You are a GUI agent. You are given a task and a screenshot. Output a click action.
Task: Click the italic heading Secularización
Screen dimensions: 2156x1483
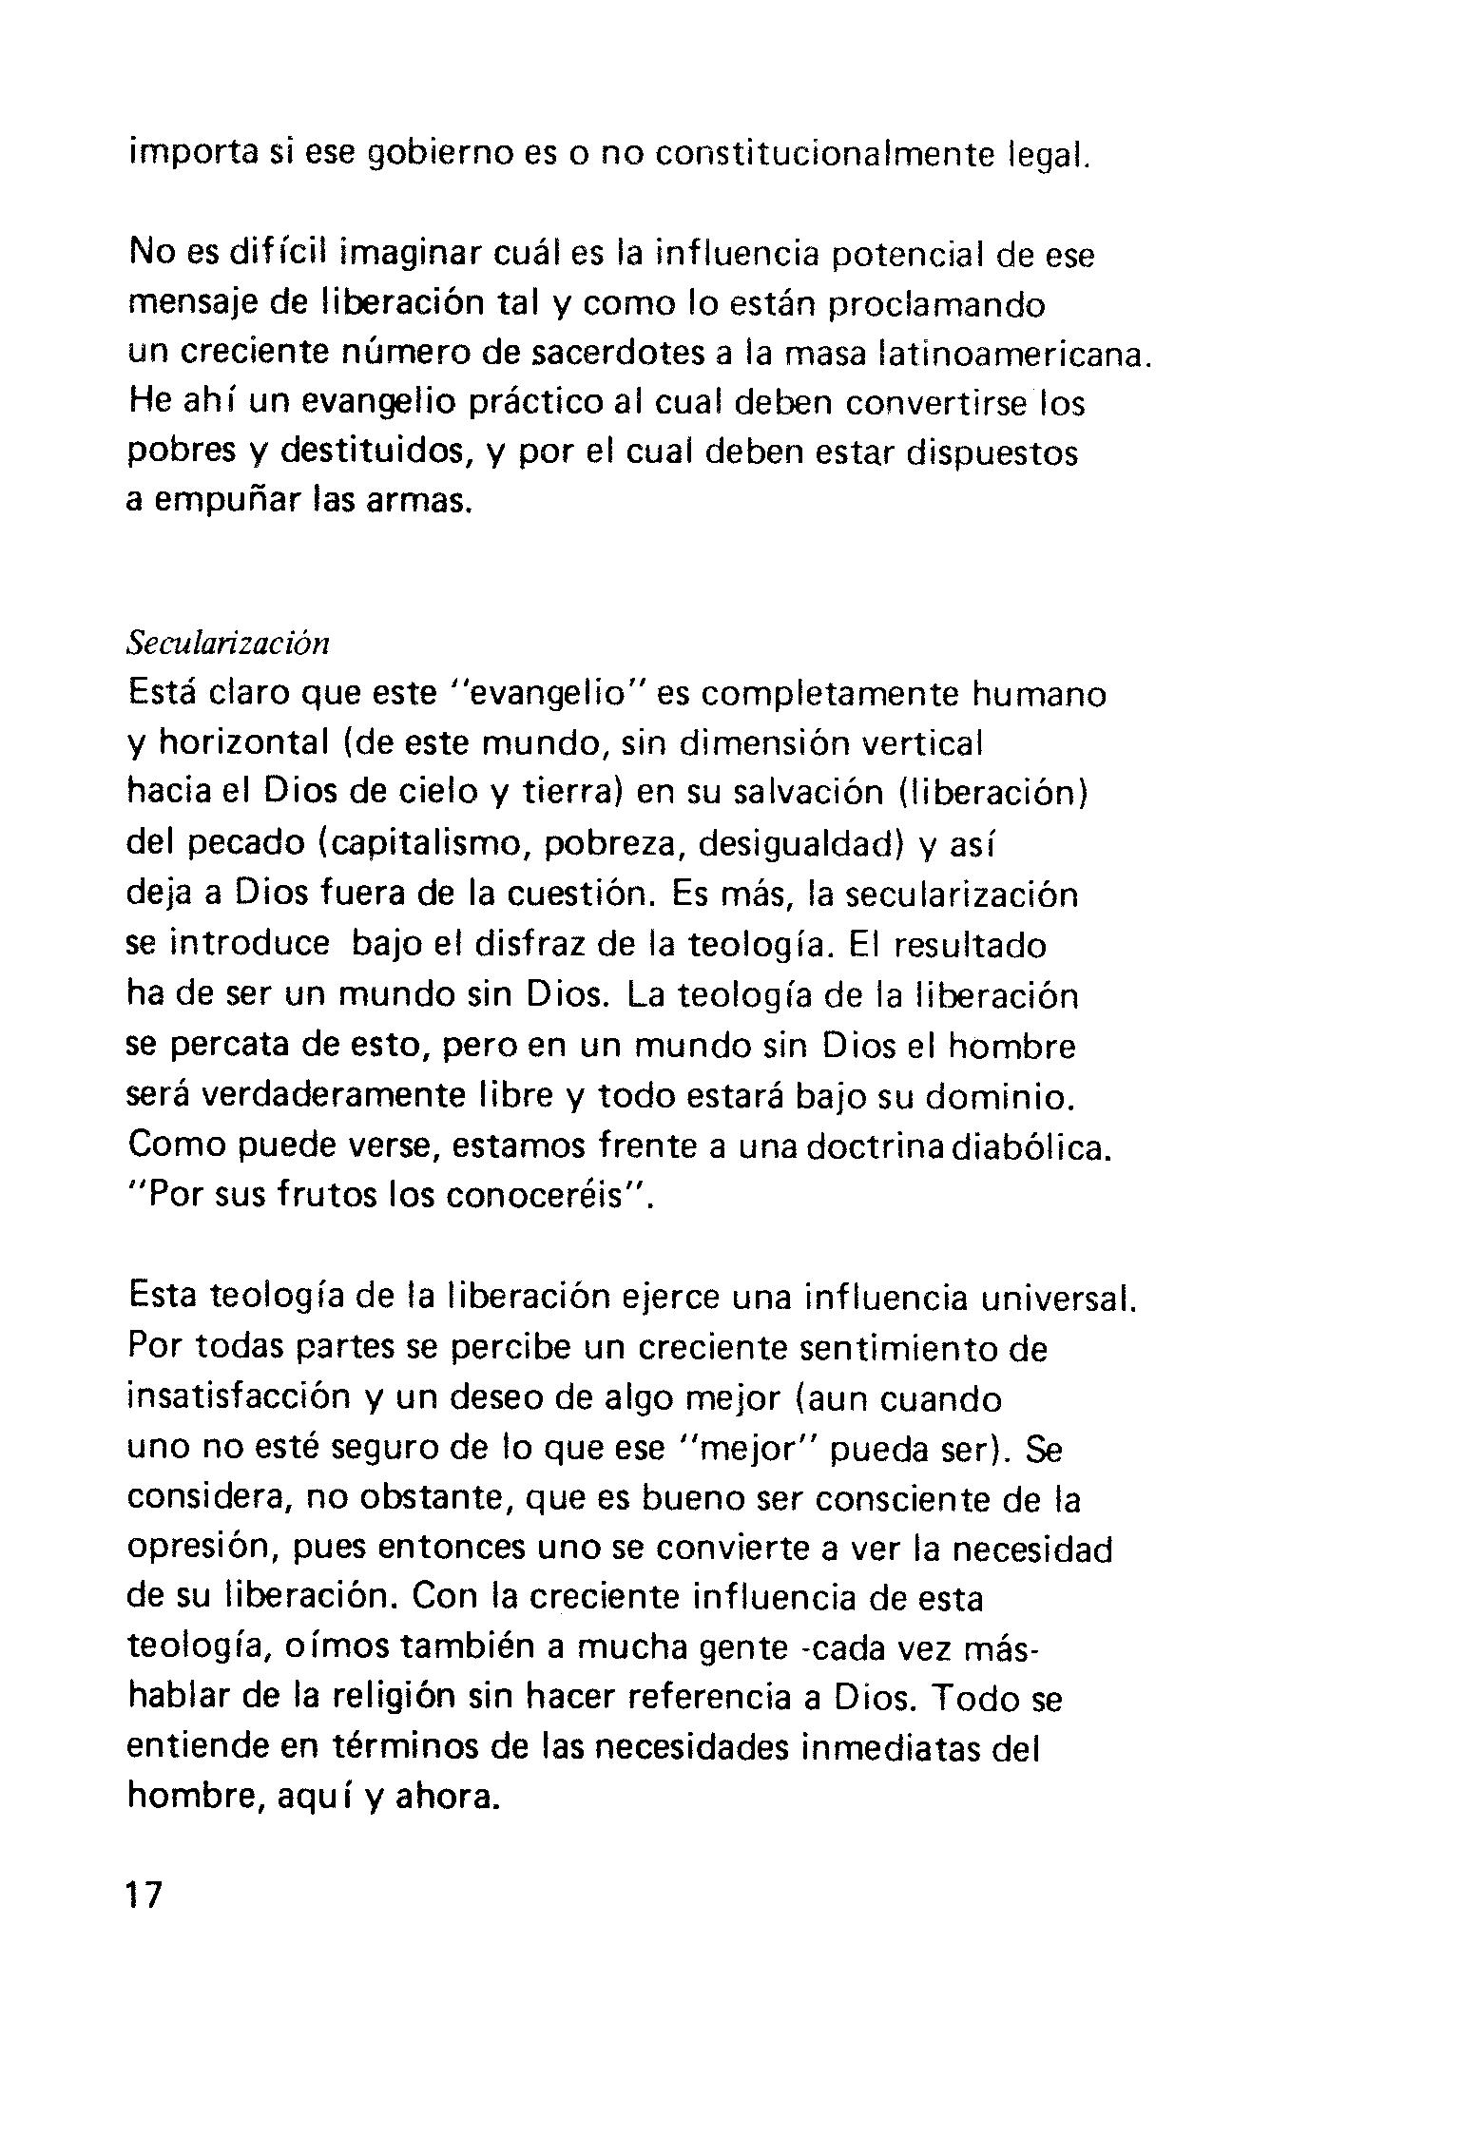pyautogui.click(x=228, y=644)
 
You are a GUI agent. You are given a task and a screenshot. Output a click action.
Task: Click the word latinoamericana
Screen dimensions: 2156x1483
pyautogui.click(x=1014, y=354)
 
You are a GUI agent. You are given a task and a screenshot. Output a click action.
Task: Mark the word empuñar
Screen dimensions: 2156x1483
pyautogui.click(x=227, y=500)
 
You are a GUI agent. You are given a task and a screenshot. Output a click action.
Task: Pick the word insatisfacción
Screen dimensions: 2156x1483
pyautogui.click(x=239, y=1398)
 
